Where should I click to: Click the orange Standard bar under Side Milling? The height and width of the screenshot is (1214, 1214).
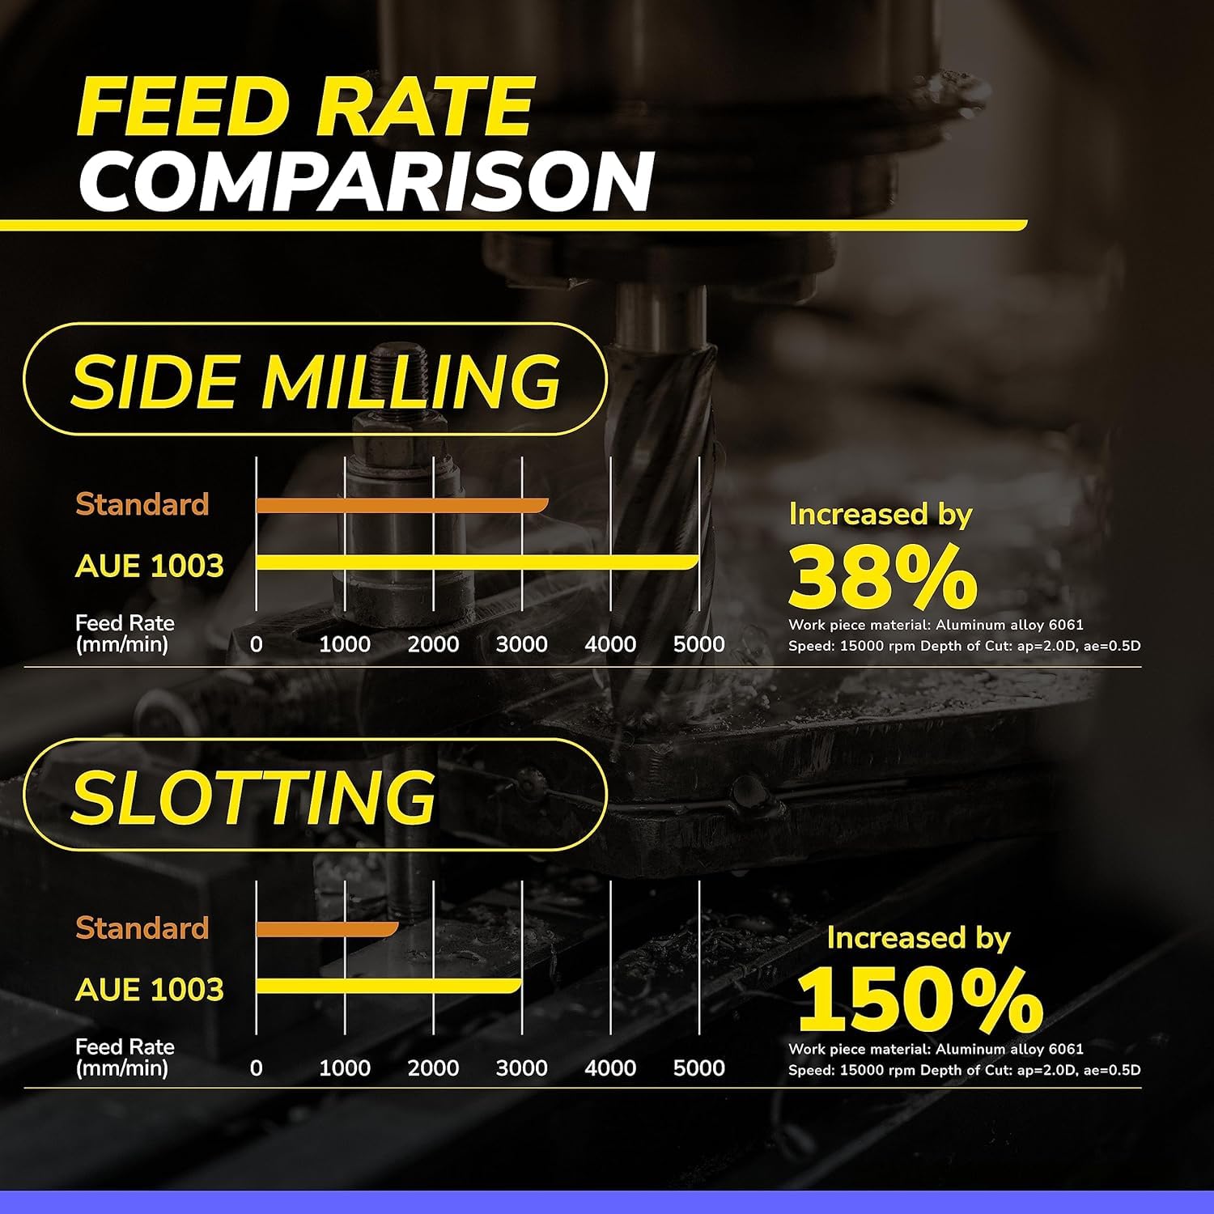401,506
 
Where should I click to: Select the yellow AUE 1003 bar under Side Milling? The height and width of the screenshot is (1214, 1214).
477,562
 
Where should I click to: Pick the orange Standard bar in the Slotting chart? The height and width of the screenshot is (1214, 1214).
327,929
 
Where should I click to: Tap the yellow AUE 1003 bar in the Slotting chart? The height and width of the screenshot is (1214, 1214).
388,986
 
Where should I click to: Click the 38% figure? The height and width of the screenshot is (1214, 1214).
882,577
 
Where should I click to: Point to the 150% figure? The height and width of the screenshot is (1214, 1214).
919,1000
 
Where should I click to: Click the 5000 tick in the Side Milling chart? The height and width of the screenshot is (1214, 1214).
698,644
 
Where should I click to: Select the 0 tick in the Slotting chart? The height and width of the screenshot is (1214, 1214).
257,1068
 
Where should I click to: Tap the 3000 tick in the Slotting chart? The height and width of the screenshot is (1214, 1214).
522,1068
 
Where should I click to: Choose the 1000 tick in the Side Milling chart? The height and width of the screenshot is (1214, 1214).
345,644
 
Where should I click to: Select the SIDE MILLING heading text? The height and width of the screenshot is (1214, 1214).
316,380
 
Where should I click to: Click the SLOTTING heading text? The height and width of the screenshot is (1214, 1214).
254,796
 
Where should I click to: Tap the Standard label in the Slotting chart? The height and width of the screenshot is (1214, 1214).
142,928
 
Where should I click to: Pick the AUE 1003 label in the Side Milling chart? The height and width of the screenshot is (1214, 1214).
149,566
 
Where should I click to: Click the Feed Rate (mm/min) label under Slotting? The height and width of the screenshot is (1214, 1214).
125,1057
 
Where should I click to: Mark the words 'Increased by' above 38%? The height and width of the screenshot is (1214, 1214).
881,515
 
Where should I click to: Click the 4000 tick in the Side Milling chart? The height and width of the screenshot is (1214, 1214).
610,644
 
